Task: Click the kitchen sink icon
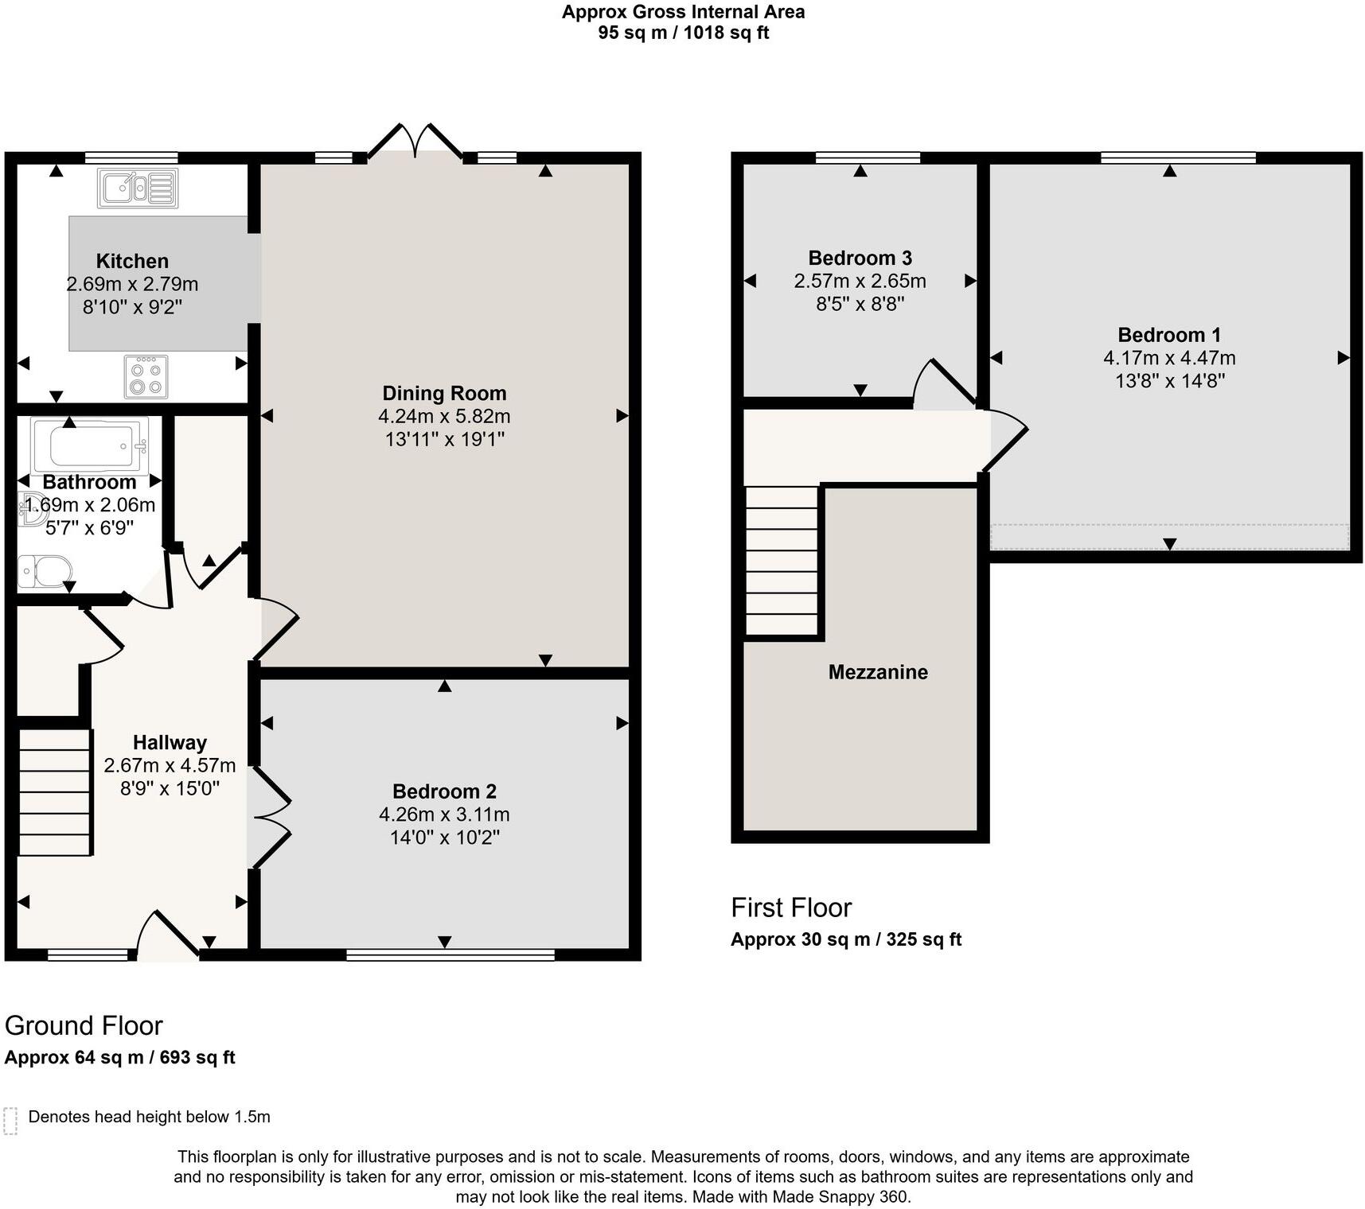(138, 188)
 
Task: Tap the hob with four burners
(146, 377)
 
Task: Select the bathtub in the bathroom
(90, 446)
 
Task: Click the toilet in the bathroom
(45, 571)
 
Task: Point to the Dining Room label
(444, 393)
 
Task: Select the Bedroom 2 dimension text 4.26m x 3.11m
(444, 814)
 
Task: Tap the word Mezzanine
(878, 672)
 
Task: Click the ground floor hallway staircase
(54, 792)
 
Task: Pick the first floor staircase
(782, 561)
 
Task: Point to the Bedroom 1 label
(1168, 335)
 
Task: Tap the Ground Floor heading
(84, 1026)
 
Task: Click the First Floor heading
(791, 908)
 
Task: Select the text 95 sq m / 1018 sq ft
(683, 33)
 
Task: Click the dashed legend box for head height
(10, 1120)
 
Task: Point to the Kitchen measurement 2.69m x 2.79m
(132, 284)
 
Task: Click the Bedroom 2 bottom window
(450, 954)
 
